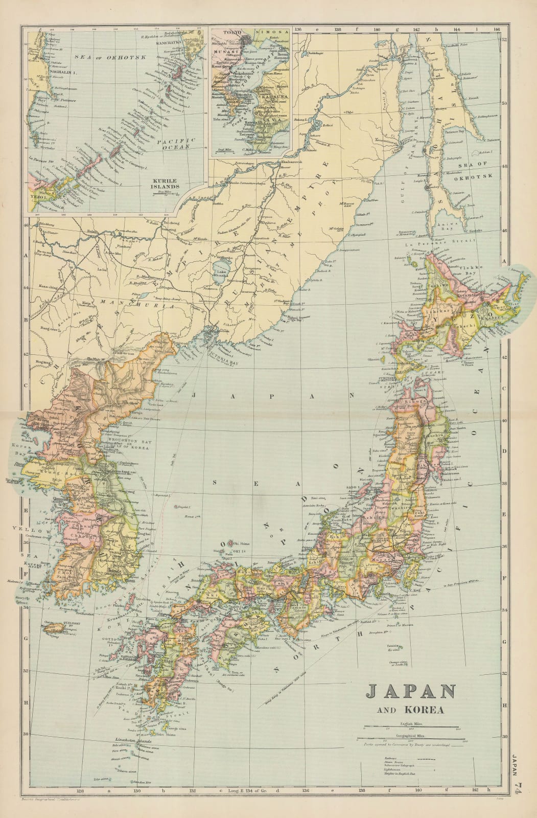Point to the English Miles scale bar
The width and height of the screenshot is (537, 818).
(412, 726)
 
